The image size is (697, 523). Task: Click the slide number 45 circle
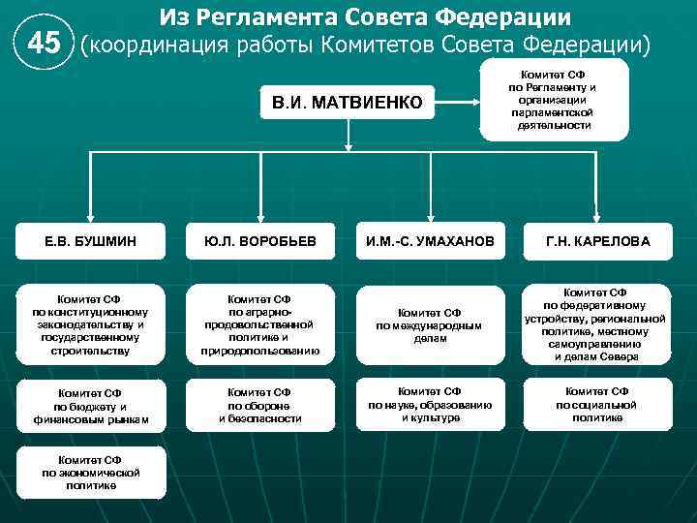tap(44, 44)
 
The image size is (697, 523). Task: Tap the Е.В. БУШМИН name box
tap(91, 241)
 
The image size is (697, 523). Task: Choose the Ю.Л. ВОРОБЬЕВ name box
tap(259, 241)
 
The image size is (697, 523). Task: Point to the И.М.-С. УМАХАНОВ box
tap(429, 241)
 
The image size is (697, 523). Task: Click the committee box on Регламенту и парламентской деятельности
tap(554, 100)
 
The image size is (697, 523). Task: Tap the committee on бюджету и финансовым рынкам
tap(91, 406)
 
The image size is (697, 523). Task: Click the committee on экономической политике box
tap(91, 473)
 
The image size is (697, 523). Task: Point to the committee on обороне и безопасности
tap(259, 406)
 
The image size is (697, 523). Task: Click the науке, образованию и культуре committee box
tap(429, 404)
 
